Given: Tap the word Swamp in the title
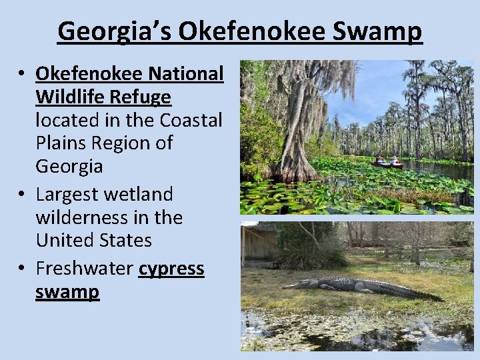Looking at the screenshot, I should pos(383,31).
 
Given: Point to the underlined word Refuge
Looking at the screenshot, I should pos(141,97).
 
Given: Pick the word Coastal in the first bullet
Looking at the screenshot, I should pos(191,121).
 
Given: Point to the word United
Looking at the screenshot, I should pos(65,240).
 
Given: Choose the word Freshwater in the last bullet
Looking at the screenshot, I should pos(84,269).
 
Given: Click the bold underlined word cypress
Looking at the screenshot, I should pos(171,269).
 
